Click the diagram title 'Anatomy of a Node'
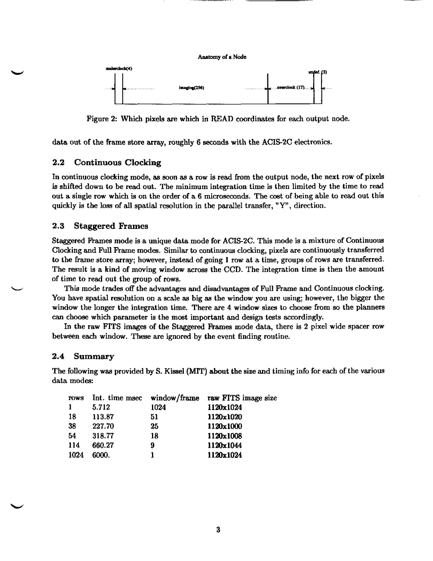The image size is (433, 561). (x=222, y=57)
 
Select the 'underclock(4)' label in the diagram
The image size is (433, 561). (x=119, y=69)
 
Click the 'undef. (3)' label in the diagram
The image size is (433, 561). (x=318, y=72)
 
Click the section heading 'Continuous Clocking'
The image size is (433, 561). (x=118, y=163)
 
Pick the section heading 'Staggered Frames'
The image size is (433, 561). (x=111, y=226)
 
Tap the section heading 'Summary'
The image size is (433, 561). (x=94, y=356)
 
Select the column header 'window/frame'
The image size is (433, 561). (x=175, y=398)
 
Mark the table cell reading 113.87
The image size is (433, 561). (x=103, y=417)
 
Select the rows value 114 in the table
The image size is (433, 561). (x=74, y=445)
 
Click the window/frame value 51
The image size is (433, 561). (x=154, y=417)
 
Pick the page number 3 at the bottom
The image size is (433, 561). (x=218, y=529)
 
